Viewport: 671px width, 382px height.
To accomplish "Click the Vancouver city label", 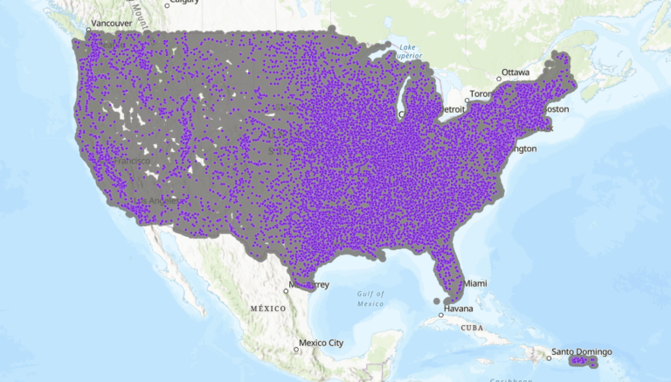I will (111, 23).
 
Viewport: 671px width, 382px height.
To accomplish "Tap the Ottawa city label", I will (515, 72).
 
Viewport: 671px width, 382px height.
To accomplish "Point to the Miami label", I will (475, 283).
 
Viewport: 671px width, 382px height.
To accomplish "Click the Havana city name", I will (458, 309).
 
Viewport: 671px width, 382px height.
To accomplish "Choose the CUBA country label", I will (472, 327).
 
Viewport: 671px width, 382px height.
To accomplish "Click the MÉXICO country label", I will (268, 309).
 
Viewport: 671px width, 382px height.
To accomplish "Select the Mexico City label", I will (322, 342).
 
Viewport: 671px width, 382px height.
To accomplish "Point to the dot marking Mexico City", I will (296, 350).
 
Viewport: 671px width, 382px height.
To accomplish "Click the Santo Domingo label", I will (582, 352).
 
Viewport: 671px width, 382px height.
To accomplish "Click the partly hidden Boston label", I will (557, 109).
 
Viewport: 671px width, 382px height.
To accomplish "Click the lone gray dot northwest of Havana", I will (436, 301).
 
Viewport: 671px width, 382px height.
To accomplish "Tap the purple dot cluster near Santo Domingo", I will (582, 360).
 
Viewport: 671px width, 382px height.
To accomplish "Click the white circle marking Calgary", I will (166, 4).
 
